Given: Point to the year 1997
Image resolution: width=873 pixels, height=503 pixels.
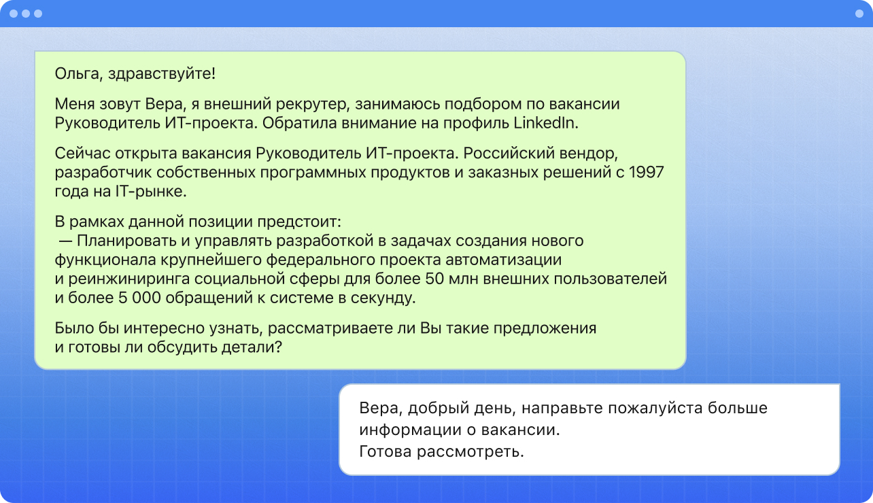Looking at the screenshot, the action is click(x=646, y=172).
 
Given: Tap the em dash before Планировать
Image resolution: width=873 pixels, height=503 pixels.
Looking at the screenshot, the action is click(x=65, y=241).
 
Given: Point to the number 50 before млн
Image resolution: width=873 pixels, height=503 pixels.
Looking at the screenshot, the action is click(x=434, y=279).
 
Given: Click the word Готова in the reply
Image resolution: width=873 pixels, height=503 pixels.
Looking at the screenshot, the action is click(x=385, y=452).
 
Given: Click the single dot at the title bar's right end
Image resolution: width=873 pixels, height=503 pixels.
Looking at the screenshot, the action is click(x=859, y=14).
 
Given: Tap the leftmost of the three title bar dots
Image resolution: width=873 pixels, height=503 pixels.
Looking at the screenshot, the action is click(x=14, y=14).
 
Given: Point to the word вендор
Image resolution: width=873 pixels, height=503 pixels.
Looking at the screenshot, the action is click(x=587, y=154).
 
